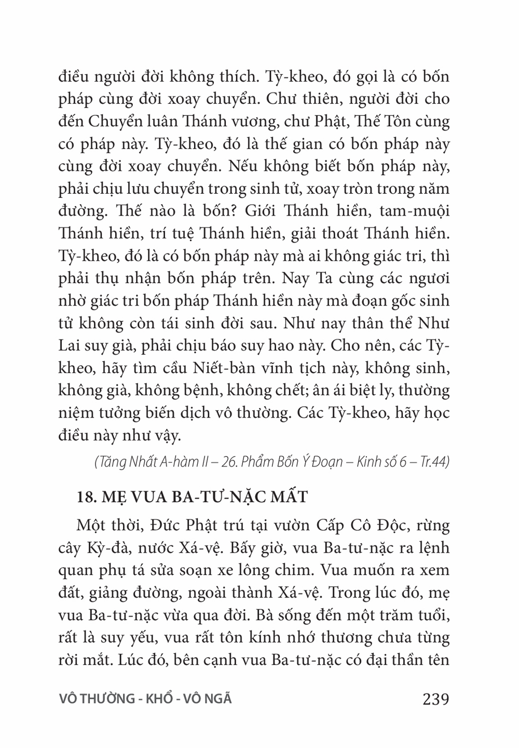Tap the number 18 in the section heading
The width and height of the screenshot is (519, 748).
click(84, 497)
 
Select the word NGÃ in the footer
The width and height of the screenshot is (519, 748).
click(218, 699)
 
